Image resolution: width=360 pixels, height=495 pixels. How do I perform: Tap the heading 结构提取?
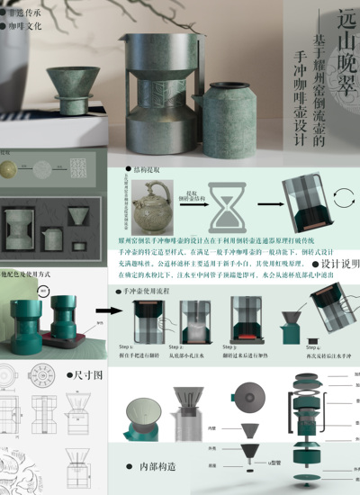tap(144, 169)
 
